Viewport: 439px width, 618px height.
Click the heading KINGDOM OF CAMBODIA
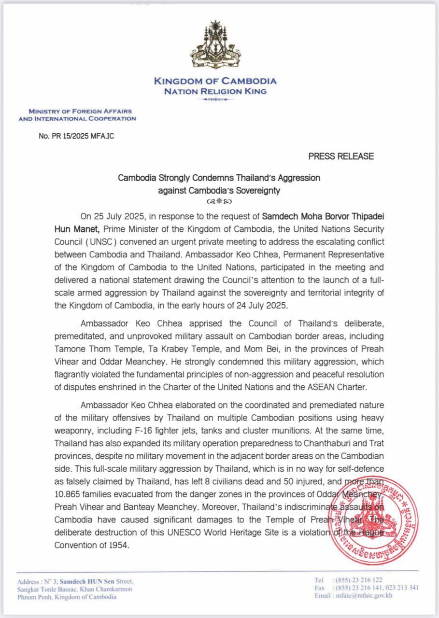(215, 81)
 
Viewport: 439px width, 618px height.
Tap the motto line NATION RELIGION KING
(215, 91)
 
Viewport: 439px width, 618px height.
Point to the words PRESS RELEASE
(341, 156)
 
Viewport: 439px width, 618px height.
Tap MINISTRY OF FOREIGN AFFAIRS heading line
(80, 112)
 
